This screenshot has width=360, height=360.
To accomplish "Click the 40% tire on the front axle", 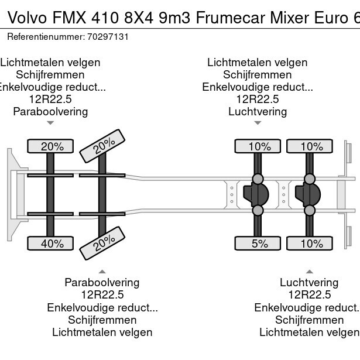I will [52, 243].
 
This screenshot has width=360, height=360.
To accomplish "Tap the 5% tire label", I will [259, 243].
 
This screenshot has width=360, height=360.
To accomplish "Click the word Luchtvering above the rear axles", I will [258, 111].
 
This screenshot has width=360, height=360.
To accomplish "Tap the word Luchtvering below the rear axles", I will [309, 282].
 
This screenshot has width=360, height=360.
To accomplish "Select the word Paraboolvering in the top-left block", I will [50, 111].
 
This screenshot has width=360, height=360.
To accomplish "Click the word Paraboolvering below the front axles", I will [102, 282].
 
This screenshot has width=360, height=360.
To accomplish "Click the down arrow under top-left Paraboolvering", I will [50, 123].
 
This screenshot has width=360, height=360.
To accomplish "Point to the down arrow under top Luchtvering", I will [258, 123].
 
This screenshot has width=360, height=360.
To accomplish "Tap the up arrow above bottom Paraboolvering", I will [102, 271].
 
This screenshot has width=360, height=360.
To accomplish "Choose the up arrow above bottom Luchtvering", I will [309, 271].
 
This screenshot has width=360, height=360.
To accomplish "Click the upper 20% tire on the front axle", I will [52, 146].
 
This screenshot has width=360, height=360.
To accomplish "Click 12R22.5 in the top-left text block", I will [50, 99].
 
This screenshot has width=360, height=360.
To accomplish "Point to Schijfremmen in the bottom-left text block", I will [102, 320].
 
